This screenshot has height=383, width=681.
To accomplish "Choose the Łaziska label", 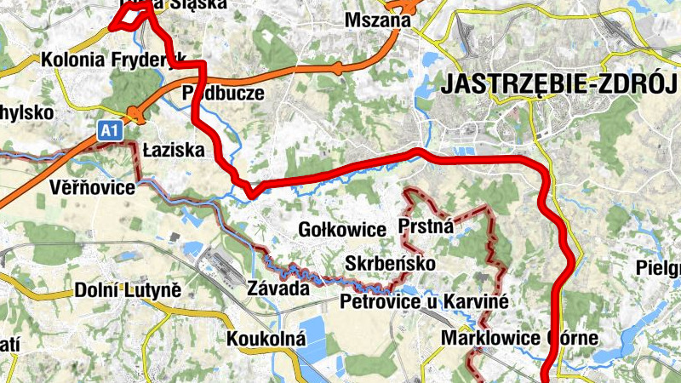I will [174, 150].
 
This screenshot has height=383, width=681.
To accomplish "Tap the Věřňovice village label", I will [91, 186].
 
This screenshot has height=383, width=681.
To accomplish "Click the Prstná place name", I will [426, 227].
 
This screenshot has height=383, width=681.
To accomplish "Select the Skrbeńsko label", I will [391, 264].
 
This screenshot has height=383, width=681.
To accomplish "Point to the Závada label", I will [277, 289].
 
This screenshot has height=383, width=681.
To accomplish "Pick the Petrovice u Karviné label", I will [423, 301].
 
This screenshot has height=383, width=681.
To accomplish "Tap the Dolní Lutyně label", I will [129, 289].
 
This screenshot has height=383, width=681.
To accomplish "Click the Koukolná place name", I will [266, 339].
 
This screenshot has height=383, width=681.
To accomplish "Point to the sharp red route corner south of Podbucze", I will [252, 194].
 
